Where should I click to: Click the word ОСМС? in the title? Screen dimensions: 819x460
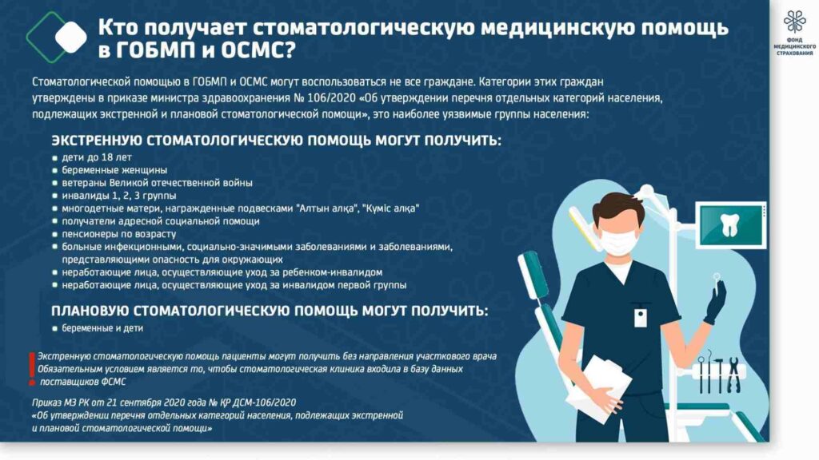pyautogui.click(x=258, y=50)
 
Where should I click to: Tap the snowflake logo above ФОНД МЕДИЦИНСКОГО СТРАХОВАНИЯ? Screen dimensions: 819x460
pyautogui.click(x=794, y=22)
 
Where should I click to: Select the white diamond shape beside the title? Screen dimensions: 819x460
pyautogui.click(x=71, y=37)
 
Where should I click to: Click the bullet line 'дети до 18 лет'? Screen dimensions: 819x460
pyautogui.click(x=97, y=157)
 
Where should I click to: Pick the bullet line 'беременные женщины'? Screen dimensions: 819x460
pyautogui.click(x=114, y=170)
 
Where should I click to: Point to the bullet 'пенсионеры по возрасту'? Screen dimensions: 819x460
pyautogui.click(x=118, y=234)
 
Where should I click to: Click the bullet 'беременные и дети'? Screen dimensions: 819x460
pyautogui.click(x=102, y=328)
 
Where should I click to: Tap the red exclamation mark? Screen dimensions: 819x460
pyautogui.click(x=32, y=369)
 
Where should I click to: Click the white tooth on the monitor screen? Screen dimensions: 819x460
pyautogui.click(x=729, y=225)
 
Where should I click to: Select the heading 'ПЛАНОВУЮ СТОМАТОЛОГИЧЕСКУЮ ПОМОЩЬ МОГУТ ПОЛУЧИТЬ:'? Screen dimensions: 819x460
pyautogui.click(x=270, y=311)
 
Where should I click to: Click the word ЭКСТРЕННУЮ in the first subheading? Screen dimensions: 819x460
pyautogui.click(x=97, y=141)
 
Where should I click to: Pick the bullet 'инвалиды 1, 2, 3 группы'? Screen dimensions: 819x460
pyautogui.click(x=119, y=196)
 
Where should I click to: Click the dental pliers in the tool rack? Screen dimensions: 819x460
pyautogui.click(x=733, y=375)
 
